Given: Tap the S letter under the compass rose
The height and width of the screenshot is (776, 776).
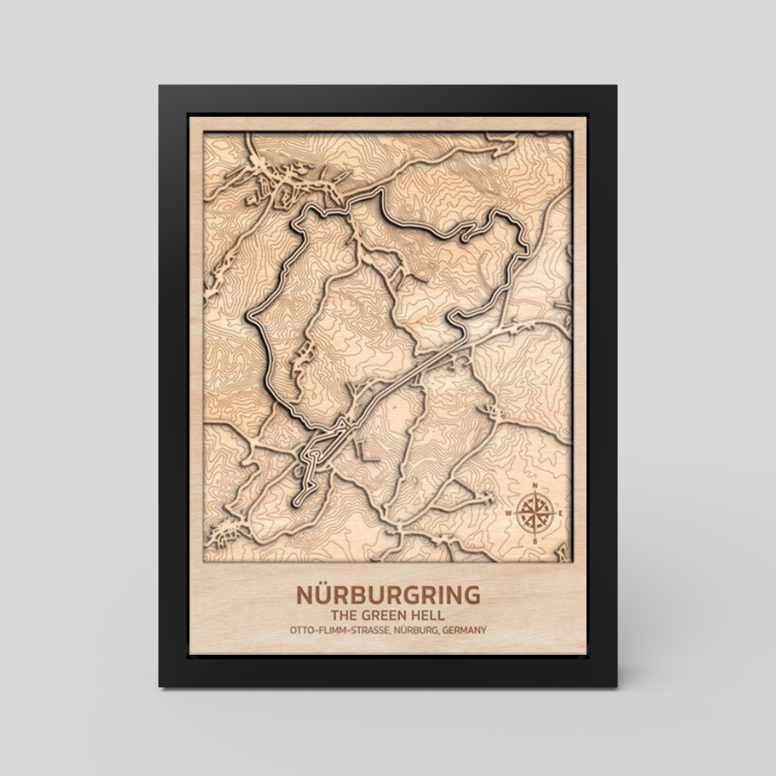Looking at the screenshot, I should (535, 541).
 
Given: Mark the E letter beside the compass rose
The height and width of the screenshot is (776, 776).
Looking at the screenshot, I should (562, 513).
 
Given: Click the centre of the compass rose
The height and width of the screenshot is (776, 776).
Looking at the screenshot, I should (535, 513).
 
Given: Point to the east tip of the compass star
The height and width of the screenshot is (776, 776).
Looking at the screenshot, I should (555, 513).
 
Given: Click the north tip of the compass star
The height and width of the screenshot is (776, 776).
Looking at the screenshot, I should (535, 492).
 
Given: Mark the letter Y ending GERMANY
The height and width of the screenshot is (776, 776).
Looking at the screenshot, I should (483, 630).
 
